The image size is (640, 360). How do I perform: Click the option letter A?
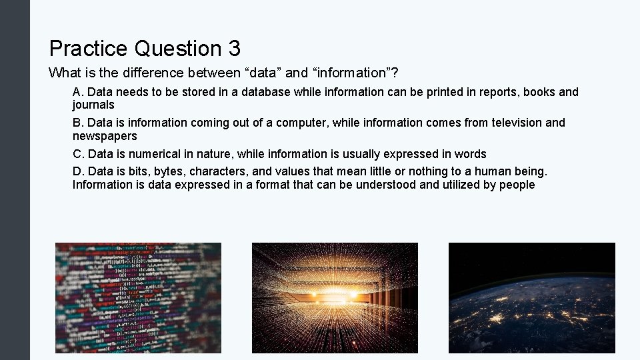click(77, 92)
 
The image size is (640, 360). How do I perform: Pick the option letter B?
click(77, 123)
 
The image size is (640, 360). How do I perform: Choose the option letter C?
click(77, 154)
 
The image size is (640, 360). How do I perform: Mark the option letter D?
click(77, 172)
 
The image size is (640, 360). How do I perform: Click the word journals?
click(93, 105)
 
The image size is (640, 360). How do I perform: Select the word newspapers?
click(105, 136)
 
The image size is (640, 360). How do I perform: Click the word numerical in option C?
click(150, 154)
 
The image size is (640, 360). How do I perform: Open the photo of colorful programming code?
click(138, 297)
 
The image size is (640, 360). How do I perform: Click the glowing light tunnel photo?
click(335, 297)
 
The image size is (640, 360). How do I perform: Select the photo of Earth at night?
click(531, 297)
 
